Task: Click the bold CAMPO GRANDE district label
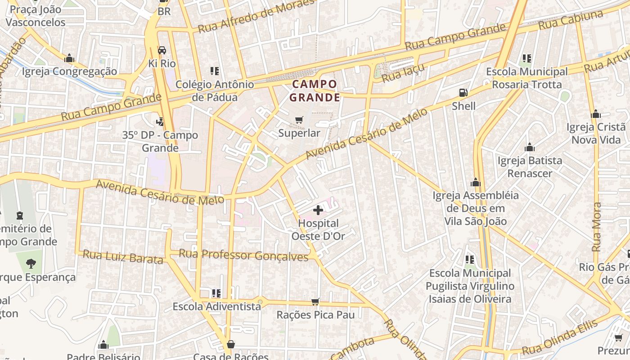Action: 314,90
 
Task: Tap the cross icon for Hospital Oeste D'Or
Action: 318,210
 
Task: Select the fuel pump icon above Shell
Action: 463,93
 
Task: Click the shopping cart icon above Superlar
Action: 299,120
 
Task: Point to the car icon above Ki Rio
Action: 162,50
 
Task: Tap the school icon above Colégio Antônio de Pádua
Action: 215,71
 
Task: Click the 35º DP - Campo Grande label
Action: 160,141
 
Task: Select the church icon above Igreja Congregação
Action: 69,58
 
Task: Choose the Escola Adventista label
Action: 217,306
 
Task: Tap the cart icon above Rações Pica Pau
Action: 315,301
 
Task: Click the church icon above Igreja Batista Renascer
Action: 530,148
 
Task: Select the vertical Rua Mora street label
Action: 597,227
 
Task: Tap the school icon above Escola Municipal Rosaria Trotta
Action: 527,58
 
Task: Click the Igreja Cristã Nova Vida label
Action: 596,133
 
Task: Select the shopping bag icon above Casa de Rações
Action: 231,344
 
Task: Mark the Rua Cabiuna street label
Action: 570,20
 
